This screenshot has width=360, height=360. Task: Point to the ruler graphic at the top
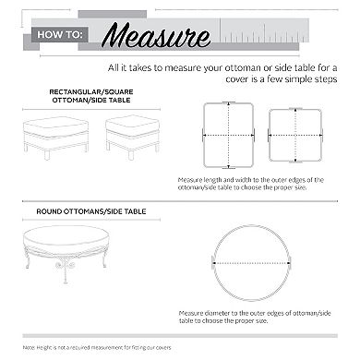[277, 35]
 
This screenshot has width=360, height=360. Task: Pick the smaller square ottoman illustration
[131, 138]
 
